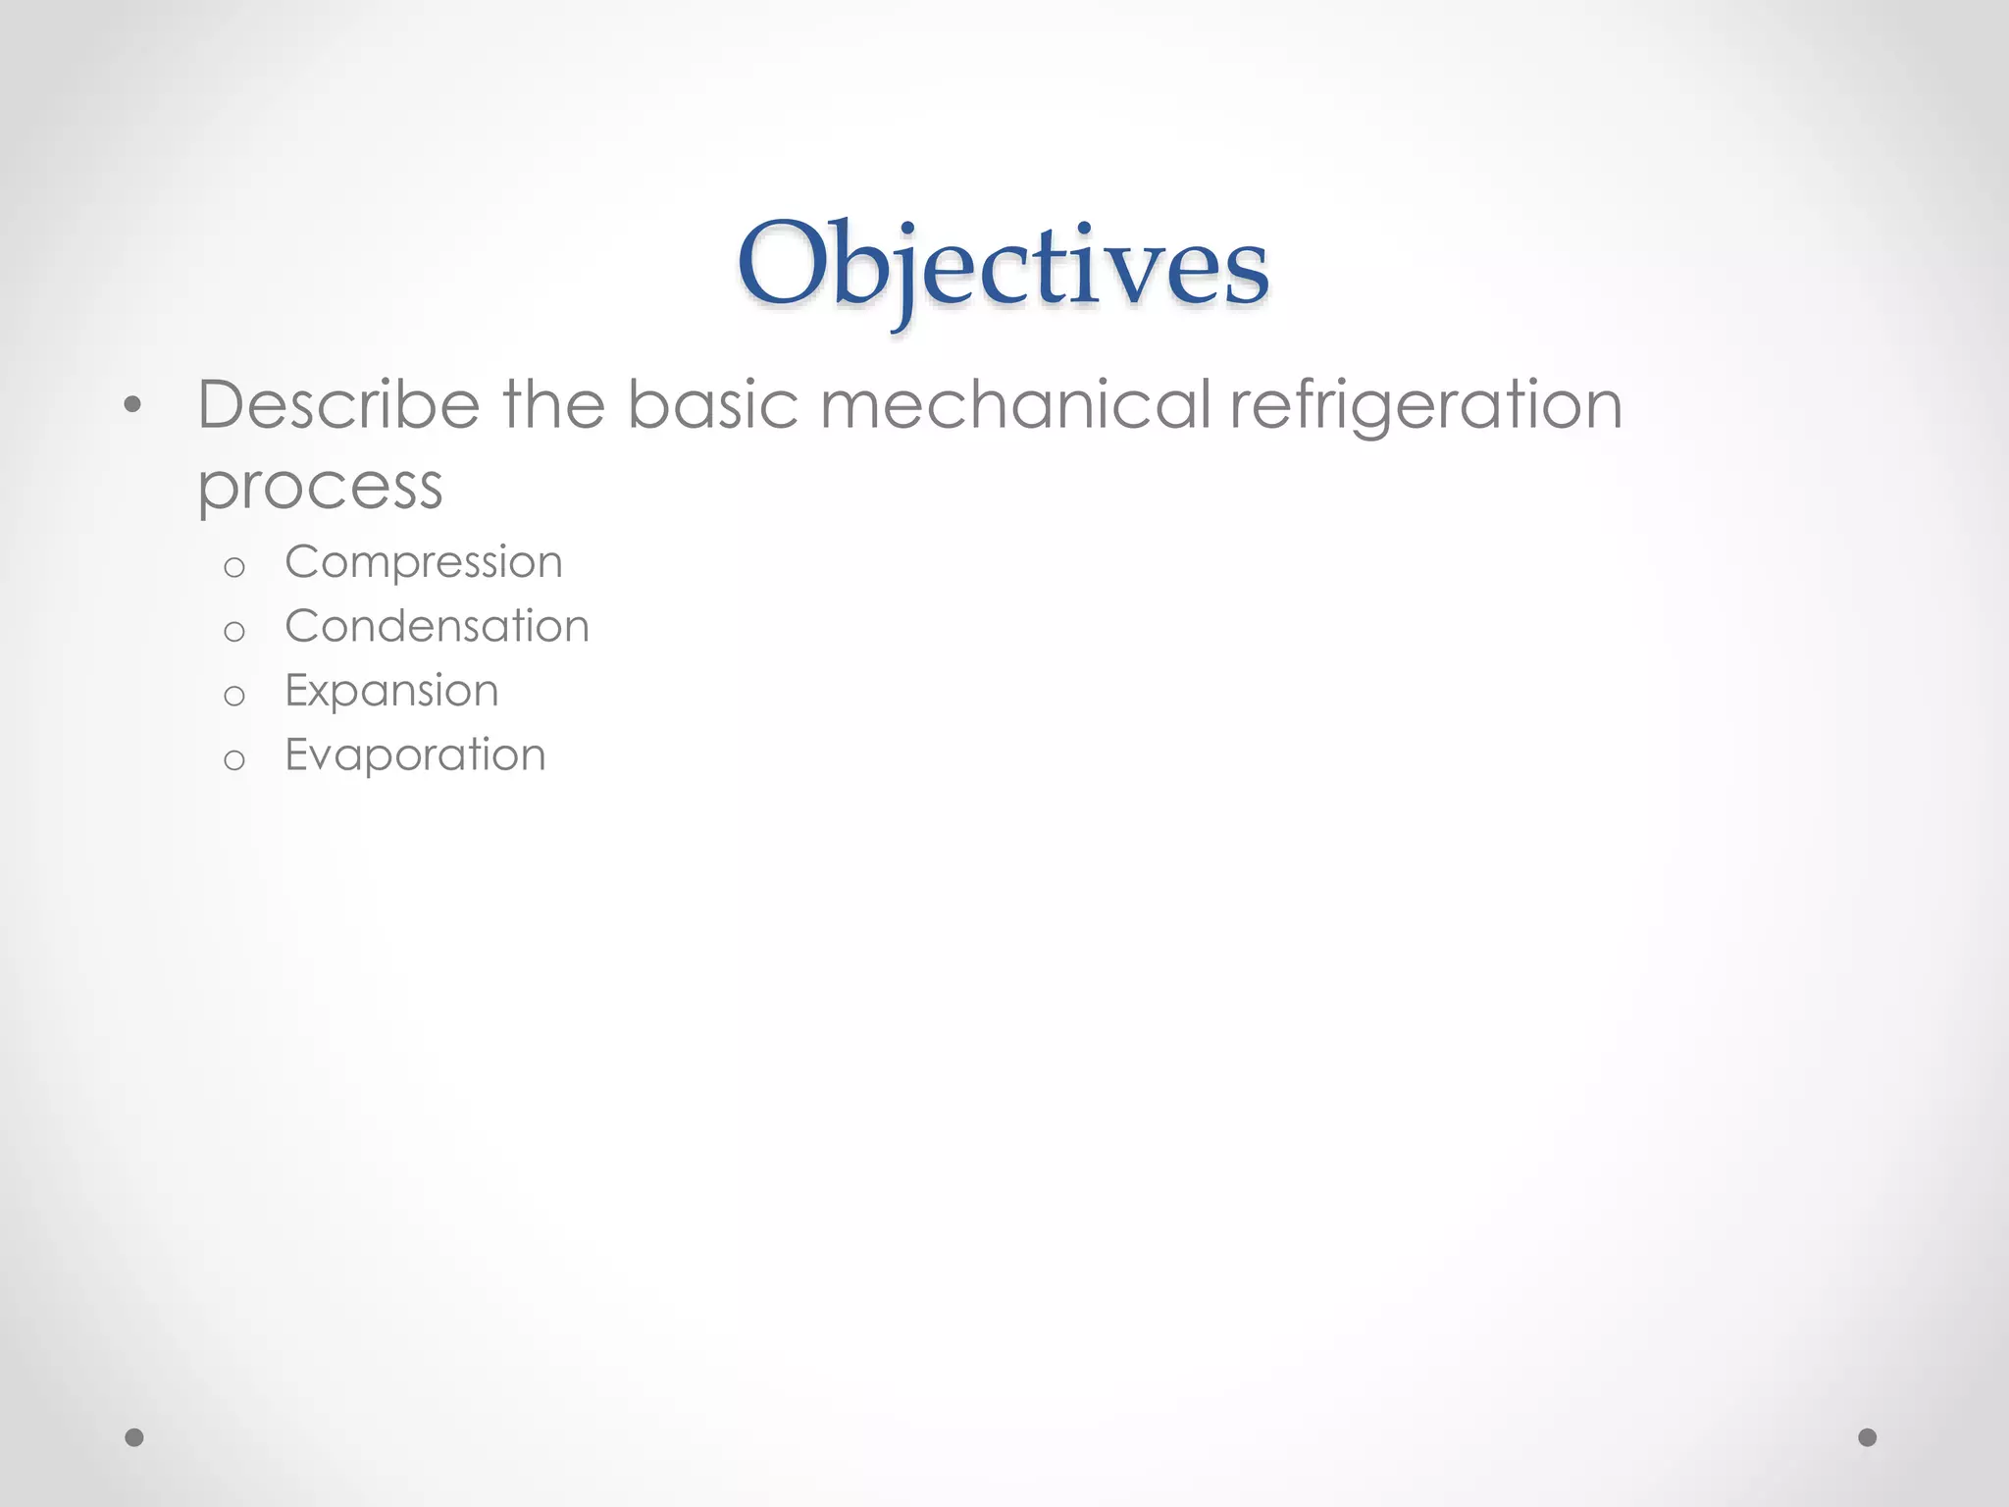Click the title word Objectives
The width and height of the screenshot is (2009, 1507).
click(x=1003, y=265)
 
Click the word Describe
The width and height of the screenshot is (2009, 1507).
click(x=338, y=404)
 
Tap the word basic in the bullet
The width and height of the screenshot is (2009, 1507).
click(x=712, y=404)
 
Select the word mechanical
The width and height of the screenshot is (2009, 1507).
click(x=1015, y=404)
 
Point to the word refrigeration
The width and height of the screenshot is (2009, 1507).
click(x=1425, y=406)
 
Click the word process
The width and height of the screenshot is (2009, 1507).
click(x=320, y=487)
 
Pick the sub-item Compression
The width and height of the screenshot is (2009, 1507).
click(x=424, y=562)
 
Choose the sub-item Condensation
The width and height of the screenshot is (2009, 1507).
click(x=437, y=626)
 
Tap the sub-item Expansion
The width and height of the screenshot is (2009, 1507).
click(x=391, y=691)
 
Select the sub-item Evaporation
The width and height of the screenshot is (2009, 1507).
click(x=415, y=754)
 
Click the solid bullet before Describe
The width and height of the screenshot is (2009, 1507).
click(x=133, y=405)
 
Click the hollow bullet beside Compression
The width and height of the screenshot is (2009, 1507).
click(x=233, y=567)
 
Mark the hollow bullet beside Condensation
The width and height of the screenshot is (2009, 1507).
click(x=233, y=631)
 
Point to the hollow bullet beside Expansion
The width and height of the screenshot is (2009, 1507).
click(x=233, y=696)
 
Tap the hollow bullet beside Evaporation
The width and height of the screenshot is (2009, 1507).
click(x=233, y=759)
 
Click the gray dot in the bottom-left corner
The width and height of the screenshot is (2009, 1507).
click(x=134, y=1437)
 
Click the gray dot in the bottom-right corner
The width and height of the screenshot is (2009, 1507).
click(x=1868, y=1437)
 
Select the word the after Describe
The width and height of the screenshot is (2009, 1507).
click(x=553, y=404)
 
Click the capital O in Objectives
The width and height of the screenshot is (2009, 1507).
click(x=782, y=262)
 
